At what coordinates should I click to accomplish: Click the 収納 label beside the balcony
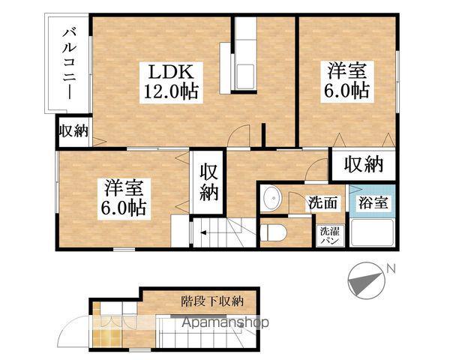point(73,131)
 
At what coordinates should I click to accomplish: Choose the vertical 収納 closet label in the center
point(209,182)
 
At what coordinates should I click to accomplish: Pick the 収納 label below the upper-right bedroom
point(364,164)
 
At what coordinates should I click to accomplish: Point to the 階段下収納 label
point(213,301)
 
